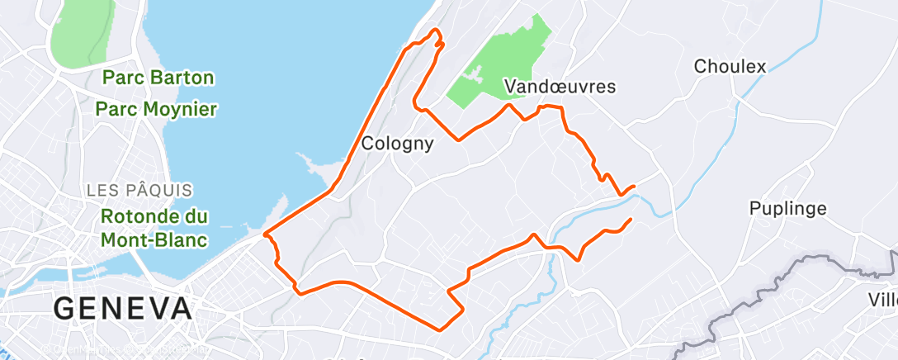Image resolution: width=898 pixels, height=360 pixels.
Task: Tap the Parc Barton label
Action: click(x=158, y=78)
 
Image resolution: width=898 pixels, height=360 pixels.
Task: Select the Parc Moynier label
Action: click(x=156, y=108)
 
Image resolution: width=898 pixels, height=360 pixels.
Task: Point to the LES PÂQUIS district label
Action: click(x=140, y=191)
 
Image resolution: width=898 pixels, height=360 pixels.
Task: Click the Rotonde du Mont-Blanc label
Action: click(x=154, y=229)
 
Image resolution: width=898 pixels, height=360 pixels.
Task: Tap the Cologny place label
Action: click(x=398, y=144)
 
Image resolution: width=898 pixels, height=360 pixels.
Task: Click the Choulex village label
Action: click(x=730, y=66)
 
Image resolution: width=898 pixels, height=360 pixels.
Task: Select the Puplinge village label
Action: click(x=787, y=208)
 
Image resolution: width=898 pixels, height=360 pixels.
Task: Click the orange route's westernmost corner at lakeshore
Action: click(x=265, y=234)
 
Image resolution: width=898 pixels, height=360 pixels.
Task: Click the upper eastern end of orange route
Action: click(x=634, y=187)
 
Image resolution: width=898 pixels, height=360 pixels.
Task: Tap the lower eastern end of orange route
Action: click(x=631, y=219)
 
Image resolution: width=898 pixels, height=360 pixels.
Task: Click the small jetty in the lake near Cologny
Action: click(x=315, y=169)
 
